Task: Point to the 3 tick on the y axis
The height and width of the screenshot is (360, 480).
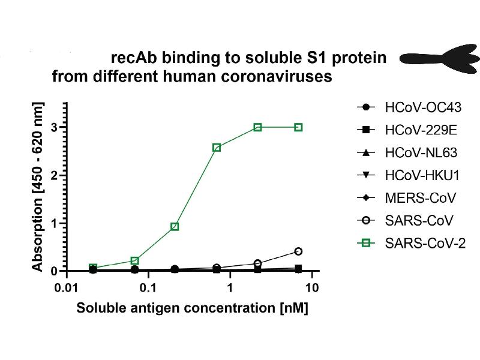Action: (53, 128)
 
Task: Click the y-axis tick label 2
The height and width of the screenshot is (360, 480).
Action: (53, 176)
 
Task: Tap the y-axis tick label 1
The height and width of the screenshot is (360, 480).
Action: (53, 224)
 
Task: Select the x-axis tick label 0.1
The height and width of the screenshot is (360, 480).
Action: (148, 289)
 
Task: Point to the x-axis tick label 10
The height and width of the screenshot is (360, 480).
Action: (311, 289)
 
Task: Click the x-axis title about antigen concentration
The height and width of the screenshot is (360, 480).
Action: (192, 309)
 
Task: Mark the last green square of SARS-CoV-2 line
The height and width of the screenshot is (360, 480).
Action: (298, 127)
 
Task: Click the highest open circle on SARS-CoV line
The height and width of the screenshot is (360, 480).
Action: (298, 251)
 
